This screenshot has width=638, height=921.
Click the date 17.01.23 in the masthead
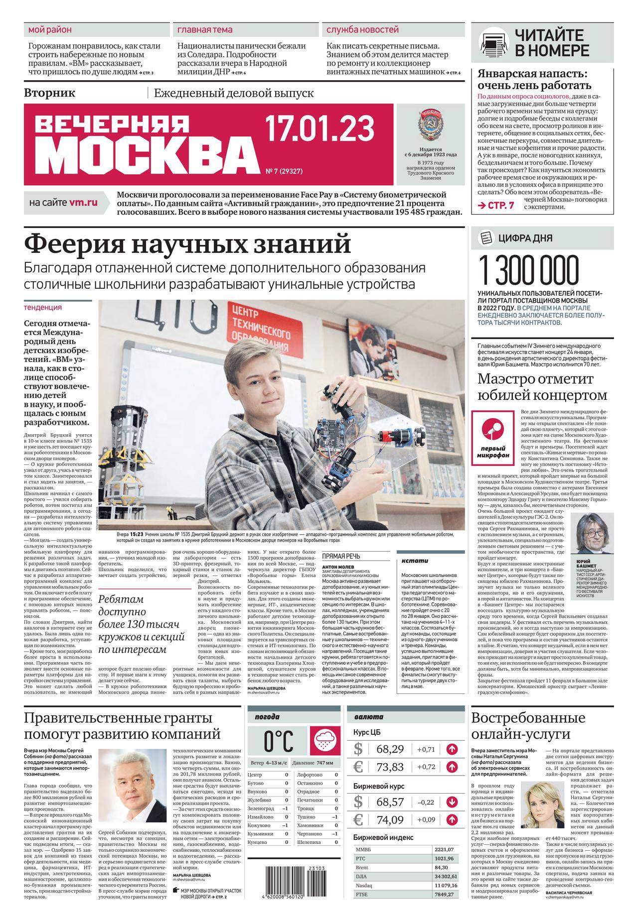click(319, 128)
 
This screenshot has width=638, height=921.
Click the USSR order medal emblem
click(431, 126)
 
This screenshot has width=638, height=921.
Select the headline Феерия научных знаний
click(188, 244)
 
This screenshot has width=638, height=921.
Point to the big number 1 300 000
click(529, 270)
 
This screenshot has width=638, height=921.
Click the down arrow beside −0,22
click(452, 802)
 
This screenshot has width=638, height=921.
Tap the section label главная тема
click(205, 30)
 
